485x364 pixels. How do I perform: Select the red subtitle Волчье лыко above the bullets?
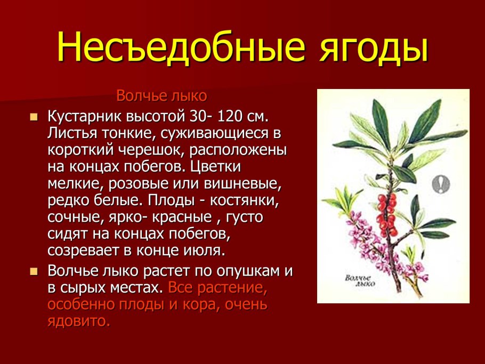coord(161,96)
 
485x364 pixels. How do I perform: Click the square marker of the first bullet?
coord(35,117)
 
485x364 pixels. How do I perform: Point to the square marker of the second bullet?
coord(35,271)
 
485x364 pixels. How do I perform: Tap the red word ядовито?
coord(78,321)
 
